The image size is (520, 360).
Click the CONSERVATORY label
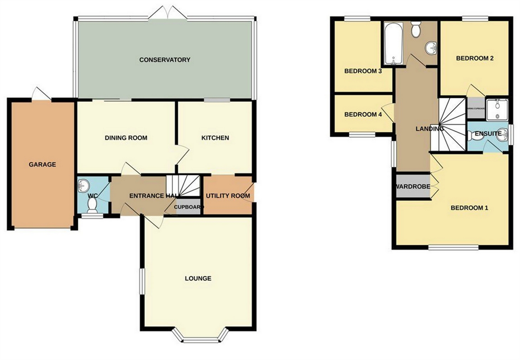[x=164, y=60]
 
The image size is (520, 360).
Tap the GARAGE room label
[x=42, y=165]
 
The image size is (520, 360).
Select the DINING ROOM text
[x=126, y=138]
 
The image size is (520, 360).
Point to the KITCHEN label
[x=215, y=138]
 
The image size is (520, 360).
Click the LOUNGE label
[x=198, y=278]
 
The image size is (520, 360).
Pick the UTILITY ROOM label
[x=228, y=196]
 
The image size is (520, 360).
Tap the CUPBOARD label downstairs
[x=188, y=207]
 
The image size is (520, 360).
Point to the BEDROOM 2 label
[x=475, y=59]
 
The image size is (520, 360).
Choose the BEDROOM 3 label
[x=363, y=71]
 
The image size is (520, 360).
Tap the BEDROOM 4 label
[x=363, y=114]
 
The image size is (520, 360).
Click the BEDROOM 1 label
[x=469, y=208]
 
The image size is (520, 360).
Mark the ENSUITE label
[x=488, y=134]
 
